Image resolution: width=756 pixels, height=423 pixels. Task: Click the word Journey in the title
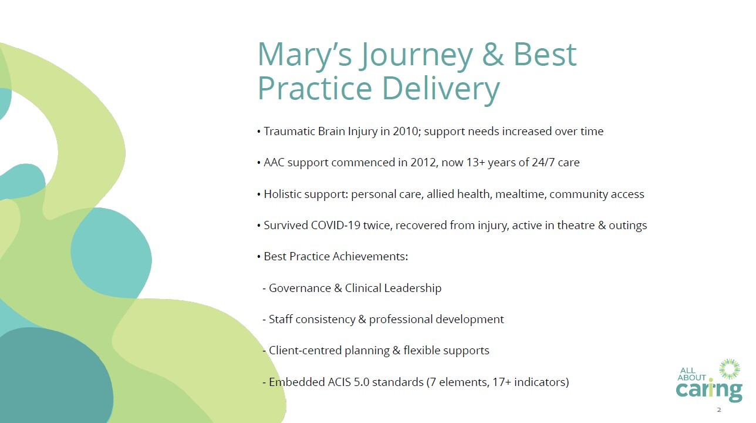[416, 55]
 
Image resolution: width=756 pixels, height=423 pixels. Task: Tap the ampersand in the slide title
[493, 54]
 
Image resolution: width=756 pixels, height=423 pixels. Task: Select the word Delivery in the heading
[441, 89]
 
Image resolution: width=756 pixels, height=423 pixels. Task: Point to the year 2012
[423, 163]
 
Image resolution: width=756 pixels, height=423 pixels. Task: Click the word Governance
[300, 288]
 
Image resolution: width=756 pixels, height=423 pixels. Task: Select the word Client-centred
[305, 350]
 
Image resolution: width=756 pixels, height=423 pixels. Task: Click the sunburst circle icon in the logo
[730, 369]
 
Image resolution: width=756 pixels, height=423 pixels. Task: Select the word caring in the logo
[709, 391]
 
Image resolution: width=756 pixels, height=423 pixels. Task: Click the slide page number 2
[719, 410]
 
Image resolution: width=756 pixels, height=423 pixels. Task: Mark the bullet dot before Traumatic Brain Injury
[259, 132]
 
